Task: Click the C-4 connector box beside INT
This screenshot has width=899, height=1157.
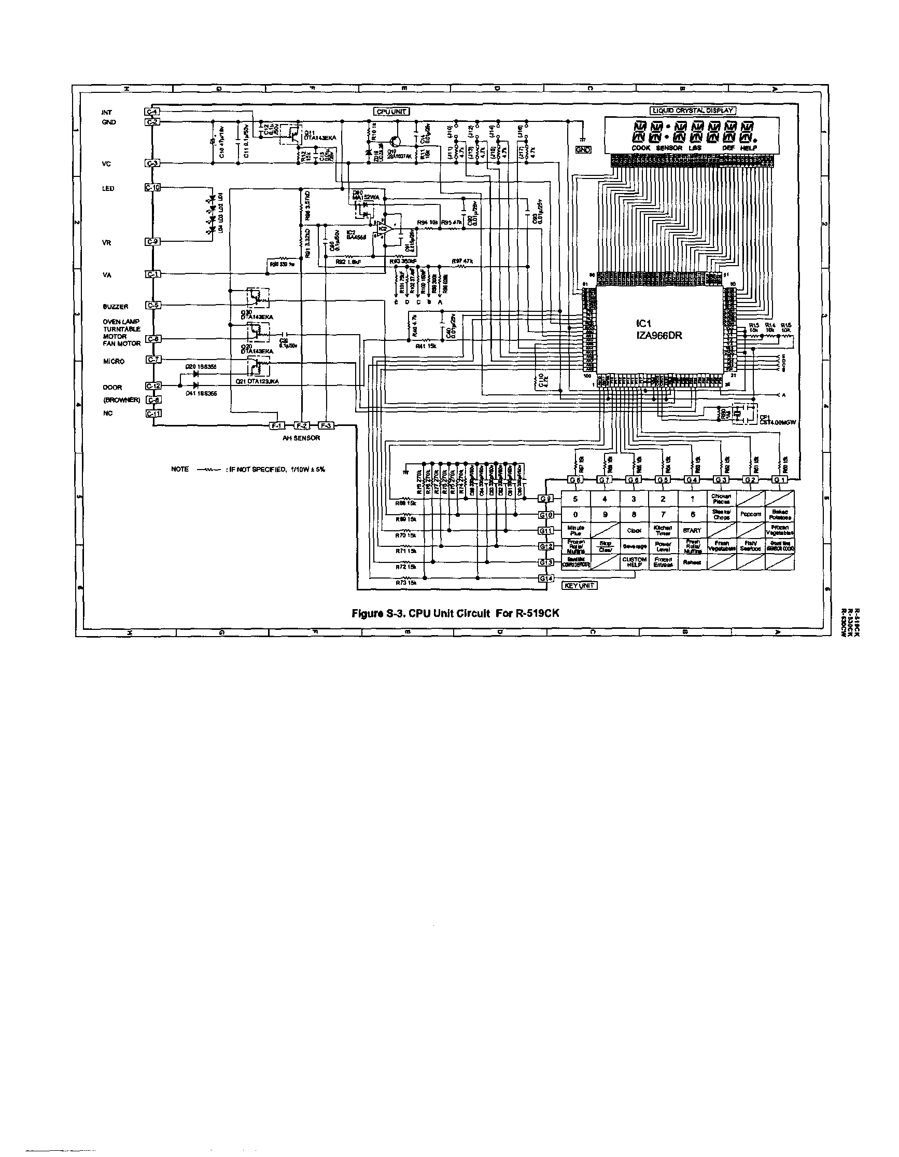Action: [x=152, y=112]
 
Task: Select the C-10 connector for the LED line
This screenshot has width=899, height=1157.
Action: [x=152, y=187]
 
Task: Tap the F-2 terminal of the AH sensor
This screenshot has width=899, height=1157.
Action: [x=301, y=425]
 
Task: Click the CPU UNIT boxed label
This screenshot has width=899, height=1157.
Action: [x=392, y=111]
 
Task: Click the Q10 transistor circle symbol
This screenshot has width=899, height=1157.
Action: [x=394, y=141]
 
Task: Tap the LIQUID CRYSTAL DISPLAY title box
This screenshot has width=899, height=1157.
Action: [x=693, y=110]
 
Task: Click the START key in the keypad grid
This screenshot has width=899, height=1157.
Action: [x=692, y=530]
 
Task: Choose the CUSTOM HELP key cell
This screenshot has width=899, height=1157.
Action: [x=634, y=561]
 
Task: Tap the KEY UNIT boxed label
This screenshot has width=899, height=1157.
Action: [x=579, y=585]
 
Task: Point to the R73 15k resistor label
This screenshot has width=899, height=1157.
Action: [x=406, y=583]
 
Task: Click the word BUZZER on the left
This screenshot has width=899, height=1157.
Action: [x=116, y=307]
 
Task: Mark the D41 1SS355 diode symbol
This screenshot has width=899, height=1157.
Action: [x=196, y=386]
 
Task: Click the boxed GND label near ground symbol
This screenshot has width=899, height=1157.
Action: [x=583, y=150]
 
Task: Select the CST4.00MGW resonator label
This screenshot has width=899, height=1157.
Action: [x=777, y=423]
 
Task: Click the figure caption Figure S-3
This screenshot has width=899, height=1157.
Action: [x=455, y=613]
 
